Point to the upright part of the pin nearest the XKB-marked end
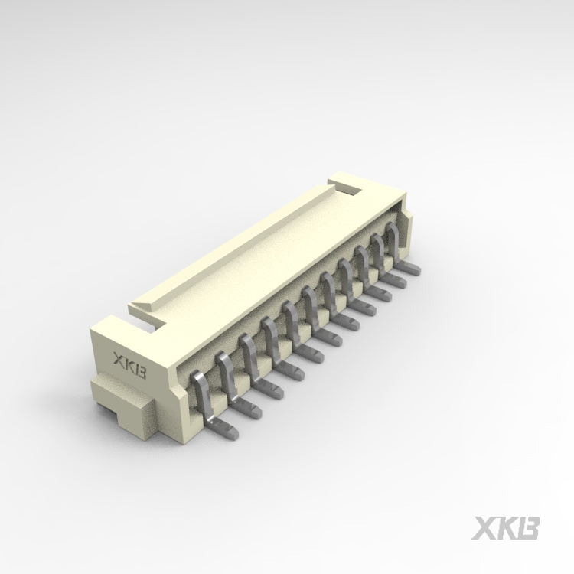tap(196, 390)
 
